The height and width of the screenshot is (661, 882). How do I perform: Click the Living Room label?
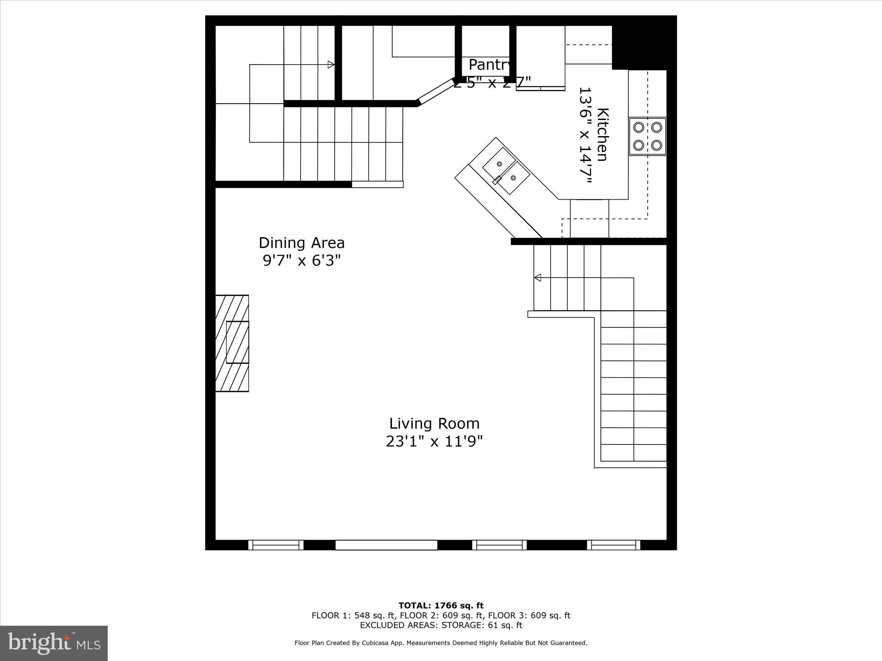click(434, 423)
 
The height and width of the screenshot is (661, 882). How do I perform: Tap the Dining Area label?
click(301, 243)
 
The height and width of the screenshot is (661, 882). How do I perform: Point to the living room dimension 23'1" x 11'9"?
click(434, 442)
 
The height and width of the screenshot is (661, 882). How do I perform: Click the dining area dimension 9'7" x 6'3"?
click(301, 260)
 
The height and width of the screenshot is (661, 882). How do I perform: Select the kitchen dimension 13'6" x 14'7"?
click(585, 136)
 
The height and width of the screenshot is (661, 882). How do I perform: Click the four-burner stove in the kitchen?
click(647, 136)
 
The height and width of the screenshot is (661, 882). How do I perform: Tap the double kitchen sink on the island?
click(506, 171)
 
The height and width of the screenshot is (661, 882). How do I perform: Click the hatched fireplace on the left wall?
click(232, 343)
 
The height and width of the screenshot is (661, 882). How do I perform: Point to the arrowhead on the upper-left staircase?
click(331, 65)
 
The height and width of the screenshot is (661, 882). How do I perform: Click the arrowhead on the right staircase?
click(537, 278)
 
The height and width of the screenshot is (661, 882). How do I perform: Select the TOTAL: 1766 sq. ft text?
click(441, 606)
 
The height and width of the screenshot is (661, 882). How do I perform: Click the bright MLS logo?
click(54, 643)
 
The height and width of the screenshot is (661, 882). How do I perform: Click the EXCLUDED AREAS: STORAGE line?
click(441, 625)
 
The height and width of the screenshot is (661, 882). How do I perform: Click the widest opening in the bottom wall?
click(386, 545)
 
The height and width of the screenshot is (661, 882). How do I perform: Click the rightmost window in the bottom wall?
click(614, 545)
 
